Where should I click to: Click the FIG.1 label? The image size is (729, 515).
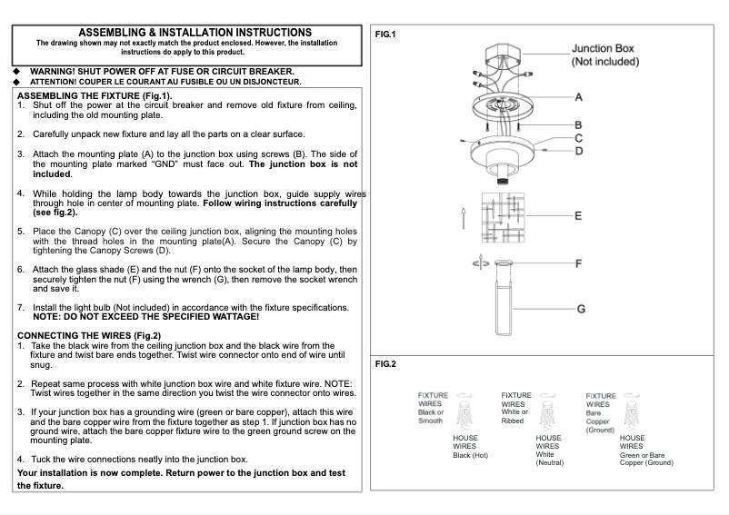tap(385, 35)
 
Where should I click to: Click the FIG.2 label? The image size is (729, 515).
tap(385, 364)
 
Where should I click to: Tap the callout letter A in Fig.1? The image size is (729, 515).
tap(579, 96)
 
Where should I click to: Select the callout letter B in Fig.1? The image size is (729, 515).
tap(579, 124)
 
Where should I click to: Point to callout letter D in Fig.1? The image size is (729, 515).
tap(579, 150)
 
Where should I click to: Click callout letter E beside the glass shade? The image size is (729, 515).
tap(579, 216)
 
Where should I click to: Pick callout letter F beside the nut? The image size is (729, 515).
tap(579, 263)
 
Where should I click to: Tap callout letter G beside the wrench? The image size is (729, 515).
tap(581, 309)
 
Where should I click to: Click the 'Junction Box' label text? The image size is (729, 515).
tap(603, 49)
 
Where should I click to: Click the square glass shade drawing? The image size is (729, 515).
tap(504, 217)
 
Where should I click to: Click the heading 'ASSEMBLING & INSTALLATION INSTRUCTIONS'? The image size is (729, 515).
tap(195, 33)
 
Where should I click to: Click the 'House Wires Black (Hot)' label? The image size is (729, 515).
tap(470, 446)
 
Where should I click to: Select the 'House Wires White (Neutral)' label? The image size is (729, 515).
tap(550, 450)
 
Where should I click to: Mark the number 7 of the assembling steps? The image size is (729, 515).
tap(21, 306)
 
